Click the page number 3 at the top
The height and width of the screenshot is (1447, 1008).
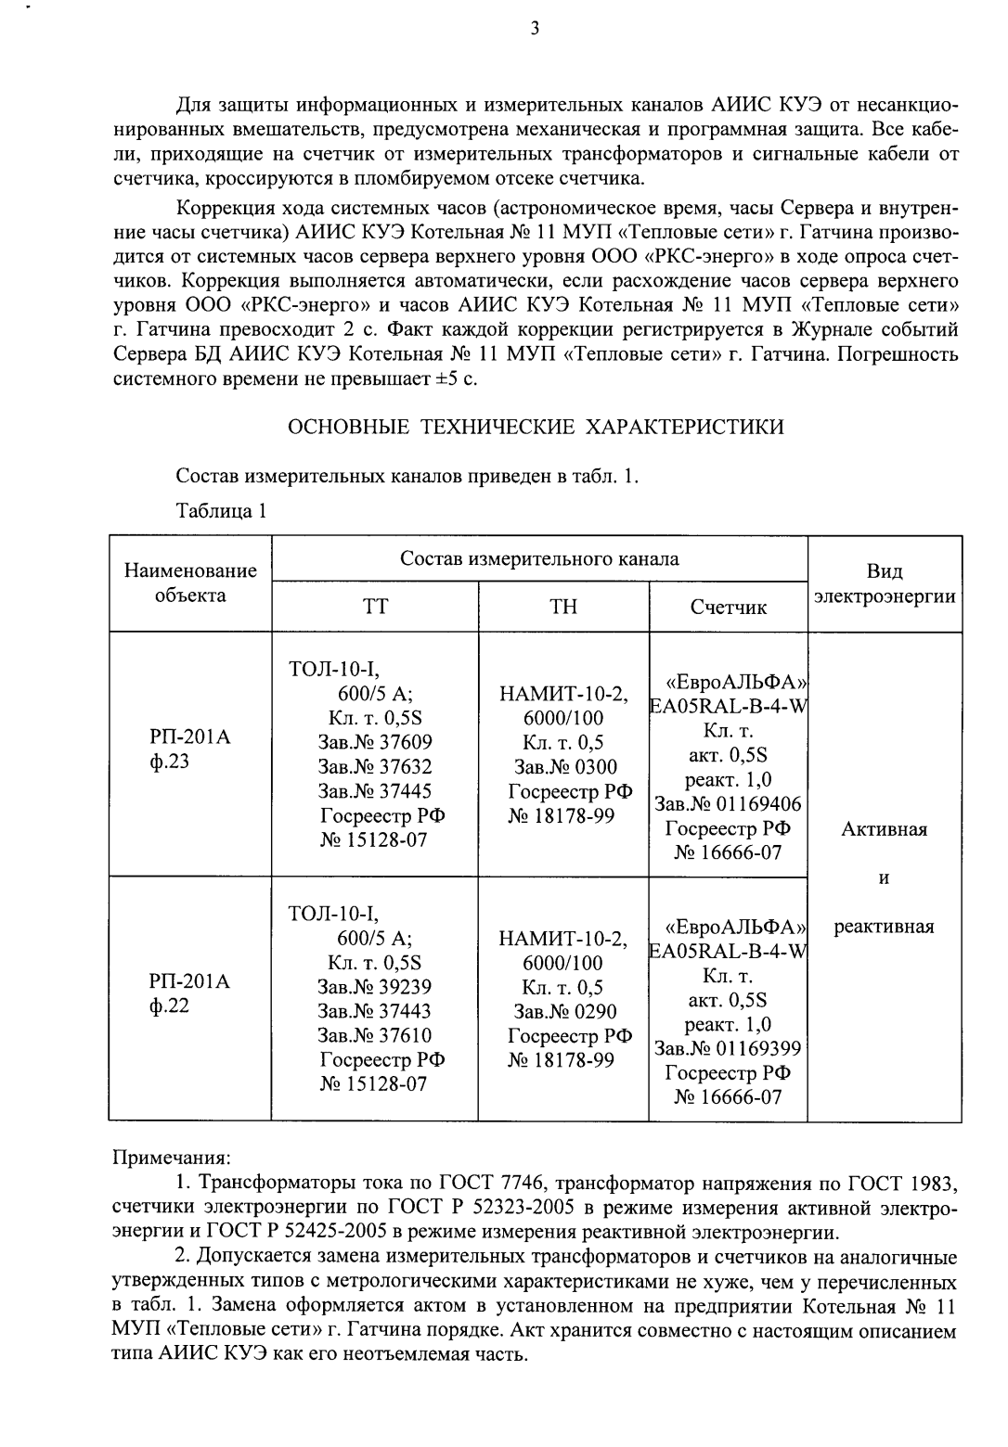[x=534, y=29]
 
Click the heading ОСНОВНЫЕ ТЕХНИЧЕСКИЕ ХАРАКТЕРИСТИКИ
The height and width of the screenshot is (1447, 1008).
[x=536, y=427]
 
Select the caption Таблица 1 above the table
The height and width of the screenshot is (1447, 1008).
[x=221, y=510]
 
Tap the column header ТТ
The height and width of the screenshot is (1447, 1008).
[x=374, y=607]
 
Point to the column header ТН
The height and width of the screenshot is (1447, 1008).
[x=562, y=607]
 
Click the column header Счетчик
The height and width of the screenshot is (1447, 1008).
[x=728, y=608]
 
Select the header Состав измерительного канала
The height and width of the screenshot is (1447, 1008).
[x=539, y=558]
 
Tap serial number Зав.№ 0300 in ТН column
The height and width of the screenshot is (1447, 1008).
[x=564, y=767]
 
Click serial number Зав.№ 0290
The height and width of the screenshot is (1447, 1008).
[x=564, y=1011]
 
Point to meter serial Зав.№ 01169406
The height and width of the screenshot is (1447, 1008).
[x=728, y=803]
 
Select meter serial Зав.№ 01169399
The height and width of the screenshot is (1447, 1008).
[x=728, y=1048]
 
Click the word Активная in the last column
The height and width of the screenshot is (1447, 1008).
[x=884, y=829]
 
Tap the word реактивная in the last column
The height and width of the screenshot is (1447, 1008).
[x=884, y=926]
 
